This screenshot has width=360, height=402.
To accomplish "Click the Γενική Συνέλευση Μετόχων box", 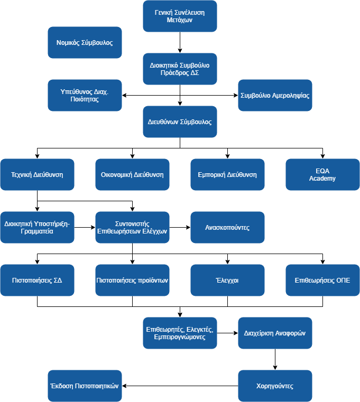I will coord(180,16).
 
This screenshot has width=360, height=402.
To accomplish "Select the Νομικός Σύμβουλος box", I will coord(85,42).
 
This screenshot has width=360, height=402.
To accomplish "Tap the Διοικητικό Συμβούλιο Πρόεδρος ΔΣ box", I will coord(180,69).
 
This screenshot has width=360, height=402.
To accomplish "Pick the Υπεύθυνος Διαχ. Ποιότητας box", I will coord(85,95).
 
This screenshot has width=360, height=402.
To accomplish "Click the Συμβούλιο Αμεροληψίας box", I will coord(275,95).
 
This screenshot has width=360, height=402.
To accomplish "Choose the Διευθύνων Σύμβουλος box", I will coord(180,121).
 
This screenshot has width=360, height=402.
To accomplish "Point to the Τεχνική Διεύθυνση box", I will coord(37,174).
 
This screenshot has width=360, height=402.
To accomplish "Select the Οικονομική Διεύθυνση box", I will coord(132,174).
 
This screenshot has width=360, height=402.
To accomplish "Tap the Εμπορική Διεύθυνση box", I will coord(227,174).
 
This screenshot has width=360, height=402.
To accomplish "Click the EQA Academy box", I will coord(322,174).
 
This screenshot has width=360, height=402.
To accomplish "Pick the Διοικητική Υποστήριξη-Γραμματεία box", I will coord(37,227).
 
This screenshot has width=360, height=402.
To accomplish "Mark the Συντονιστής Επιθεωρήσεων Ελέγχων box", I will coord(132,227).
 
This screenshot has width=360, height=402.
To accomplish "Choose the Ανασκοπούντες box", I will coord(227,227).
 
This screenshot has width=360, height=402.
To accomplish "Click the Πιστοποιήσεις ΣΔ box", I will coord(37,280).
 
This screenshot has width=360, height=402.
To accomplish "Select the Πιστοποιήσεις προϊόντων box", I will coord(132,280).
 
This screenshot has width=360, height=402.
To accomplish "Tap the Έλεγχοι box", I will coord(227,280).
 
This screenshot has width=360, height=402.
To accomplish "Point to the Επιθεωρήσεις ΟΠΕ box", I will coord(322,280).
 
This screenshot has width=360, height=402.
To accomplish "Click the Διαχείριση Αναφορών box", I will coord(275,333).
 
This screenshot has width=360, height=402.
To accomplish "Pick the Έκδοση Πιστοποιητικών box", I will coord(85,386).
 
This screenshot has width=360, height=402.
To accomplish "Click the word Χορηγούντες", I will coord(275,386).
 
